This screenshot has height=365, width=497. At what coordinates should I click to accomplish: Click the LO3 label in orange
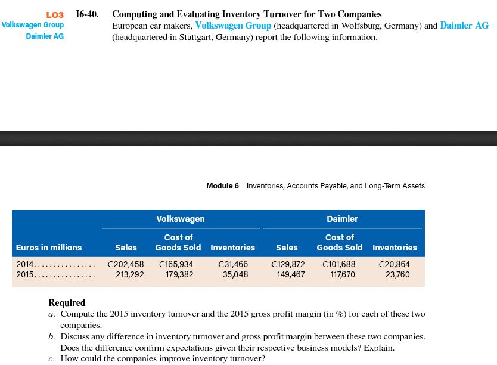coord(54,14)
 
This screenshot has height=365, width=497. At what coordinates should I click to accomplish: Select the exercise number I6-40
coord(88,14)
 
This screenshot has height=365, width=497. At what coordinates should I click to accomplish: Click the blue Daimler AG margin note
coord(45,36)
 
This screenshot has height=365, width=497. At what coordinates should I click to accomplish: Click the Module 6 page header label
coord(222,186)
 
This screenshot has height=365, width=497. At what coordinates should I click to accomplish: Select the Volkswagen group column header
coord(180,219)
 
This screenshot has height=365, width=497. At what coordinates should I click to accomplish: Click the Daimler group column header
coord(342,219)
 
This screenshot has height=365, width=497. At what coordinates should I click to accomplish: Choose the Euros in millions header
coord(49,248)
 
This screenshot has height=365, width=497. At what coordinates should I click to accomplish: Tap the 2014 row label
coord(25,264)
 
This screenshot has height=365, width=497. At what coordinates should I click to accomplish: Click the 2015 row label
coord(25,275)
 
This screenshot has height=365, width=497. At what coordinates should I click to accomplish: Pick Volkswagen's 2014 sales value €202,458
coord(125,264)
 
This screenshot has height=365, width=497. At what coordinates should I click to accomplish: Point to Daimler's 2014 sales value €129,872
coord(287,264)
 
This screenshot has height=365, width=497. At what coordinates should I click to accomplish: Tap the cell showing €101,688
coord(338,264)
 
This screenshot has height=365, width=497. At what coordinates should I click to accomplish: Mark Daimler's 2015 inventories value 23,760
coord(397,275)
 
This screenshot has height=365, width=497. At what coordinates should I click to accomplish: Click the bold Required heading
coord(67,302)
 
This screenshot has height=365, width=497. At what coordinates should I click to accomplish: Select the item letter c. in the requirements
coord(52,358)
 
